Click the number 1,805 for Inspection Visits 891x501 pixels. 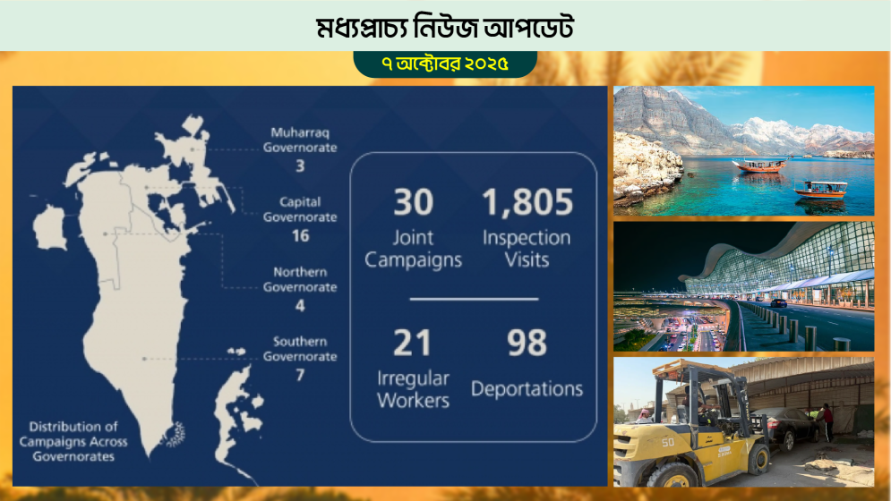click(x=527, y=202)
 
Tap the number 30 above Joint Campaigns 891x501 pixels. click(x=413, y=202)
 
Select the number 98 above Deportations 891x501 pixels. click(x=527, y=343)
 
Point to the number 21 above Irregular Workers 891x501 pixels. click(x=412, y=343)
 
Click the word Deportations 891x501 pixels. click(x=527, y=389)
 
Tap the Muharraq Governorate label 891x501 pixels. click(x=300, y=140)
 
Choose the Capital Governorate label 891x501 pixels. click(x=300, y=209)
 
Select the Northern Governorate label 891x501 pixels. click(x=300, y=279)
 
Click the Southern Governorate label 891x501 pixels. click(x=300, y=349)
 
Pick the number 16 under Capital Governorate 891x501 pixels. click(x=300, y=236)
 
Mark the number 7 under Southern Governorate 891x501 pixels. click(x=300, y=375)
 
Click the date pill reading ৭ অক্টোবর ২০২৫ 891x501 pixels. click(x=445, y=64)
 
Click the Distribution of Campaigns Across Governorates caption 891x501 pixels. click(x=78, y=441)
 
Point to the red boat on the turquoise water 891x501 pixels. click(x=758, y=165)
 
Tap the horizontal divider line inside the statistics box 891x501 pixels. click(x=474, y=298)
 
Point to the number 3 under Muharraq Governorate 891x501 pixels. click(x=300, y=166)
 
